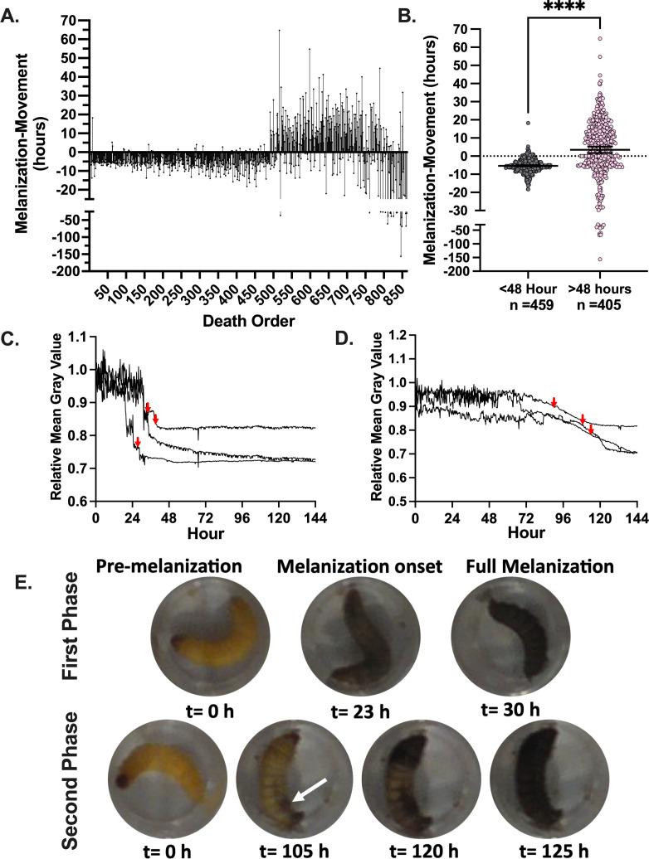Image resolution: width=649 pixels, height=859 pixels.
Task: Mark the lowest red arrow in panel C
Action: pyautogui.click(x=138, y=444)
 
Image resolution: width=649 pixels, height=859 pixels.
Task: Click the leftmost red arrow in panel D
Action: pyautogui.click(x=554, y=402)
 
